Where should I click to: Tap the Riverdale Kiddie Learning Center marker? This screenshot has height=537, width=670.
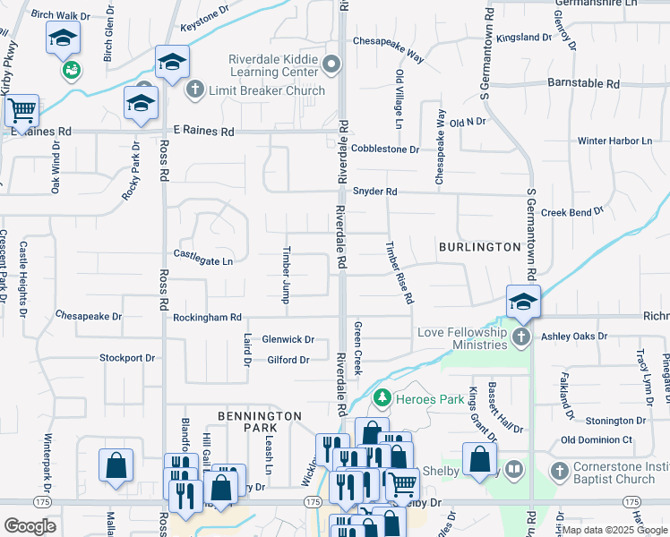point(332,64)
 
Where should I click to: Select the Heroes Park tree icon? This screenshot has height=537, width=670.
point(382,396)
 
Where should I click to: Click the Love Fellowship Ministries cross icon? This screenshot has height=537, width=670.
point(523,337)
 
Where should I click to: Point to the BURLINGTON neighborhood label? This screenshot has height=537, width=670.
point(479,246)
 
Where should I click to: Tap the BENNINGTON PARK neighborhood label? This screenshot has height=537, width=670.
point(260,423)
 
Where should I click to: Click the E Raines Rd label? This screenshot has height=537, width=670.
point(203,132)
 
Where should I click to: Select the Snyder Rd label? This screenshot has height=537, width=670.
point(374,192)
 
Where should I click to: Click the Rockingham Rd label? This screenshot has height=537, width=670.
point(208,317)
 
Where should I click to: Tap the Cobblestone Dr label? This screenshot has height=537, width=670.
point(385,149)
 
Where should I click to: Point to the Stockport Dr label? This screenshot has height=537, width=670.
point(127,358)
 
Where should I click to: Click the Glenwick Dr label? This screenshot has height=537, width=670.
point(288,339)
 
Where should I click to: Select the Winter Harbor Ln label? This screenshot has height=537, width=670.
point(614,141)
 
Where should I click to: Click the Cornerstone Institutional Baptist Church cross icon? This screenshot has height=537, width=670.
point(560,470)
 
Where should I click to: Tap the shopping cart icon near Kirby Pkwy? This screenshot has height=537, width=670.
point(21,110)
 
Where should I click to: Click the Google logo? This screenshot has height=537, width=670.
point(30,526)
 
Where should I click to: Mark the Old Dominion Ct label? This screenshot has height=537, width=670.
point(597,440)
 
